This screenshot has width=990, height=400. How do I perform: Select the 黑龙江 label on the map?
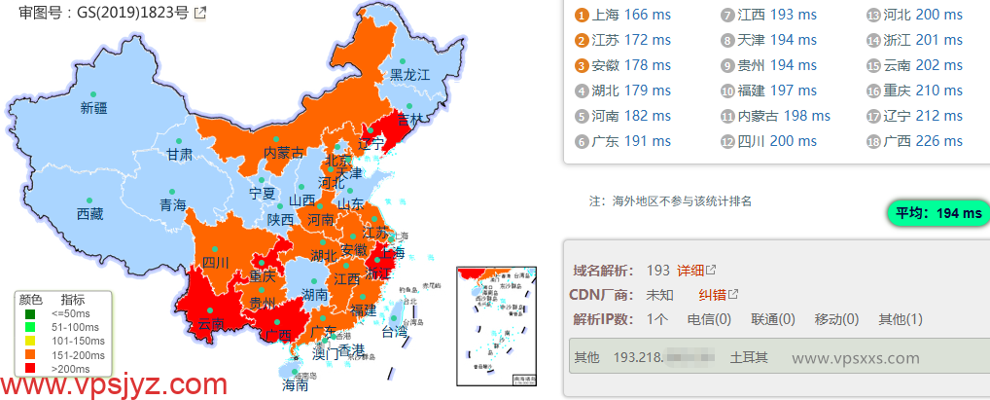point(409,74)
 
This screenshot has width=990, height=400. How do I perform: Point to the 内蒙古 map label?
point(284,153)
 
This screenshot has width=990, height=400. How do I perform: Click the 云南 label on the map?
point(210,324)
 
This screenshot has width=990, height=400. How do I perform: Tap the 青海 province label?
point(173,205)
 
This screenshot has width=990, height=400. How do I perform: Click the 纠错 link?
point(713,295)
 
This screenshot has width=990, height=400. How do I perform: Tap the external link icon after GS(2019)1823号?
point(200,14)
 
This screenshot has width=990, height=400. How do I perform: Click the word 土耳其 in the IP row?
point(748,357)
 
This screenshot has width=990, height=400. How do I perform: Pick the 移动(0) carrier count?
point(836,319)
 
